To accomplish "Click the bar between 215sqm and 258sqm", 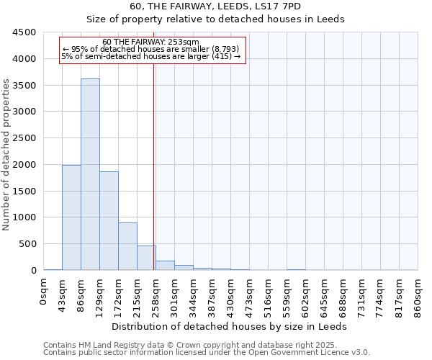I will [146, 258].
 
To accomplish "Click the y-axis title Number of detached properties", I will [6, 151].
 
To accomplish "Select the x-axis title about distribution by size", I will [230, 326].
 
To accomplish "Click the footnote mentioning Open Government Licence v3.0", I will [207, 352].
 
